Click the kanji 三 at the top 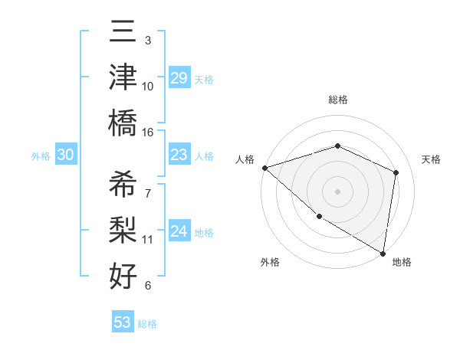(123, 33)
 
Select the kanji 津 (123, 77)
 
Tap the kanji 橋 (123, 122)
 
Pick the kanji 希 (123, 185)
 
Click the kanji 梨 (123, 229)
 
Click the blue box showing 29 (179, 79)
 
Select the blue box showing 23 (179, 155)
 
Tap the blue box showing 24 (179, 231)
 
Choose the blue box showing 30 (65, 155)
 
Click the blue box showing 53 (122, 322)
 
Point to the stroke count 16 (148, 132)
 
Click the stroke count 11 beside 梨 (148, 240)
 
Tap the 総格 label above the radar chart (337, 100)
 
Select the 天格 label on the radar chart (432, 159)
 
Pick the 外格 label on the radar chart (270, 262)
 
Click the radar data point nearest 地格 (383, 253)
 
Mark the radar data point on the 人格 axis (264, 167)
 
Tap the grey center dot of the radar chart (337, 191)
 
